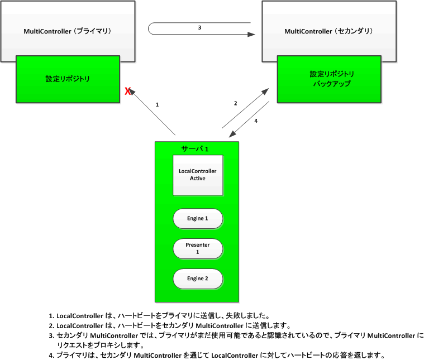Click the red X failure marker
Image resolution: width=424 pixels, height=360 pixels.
point(128,92)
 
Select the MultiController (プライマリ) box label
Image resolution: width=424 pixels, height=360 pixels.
point(68,31)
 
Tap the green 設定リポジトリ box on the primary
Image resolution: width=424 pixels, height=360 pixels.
point(68,79)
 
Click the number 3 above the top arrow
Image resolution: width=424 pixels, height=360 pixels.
point(199,27)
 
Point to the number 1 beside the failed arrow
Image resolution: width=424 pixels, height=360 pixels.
point(158,104)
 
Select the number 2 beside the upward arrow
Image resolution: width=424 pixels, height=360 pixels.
point(236,103)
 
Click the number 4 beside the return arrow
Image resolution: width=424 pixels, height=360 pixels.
point(255,120)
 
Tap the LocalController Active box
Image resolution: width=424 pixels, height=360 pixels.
point(197,175)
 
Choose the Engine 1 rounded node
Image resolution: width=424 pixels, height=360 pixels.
point(198,218)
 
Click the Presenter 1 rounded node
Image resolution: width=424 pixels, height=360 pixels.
point(198,248)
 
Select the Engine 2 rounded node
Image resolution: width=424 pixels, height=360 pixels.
point(198,278)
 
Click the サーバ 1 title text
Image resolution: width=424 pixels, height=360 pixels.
point(195,149)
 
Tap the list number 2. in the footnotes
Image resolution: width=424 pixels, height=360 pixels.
point(51,325)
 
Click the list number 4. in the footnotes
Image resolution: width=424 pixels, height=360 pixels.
point(51,356)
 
